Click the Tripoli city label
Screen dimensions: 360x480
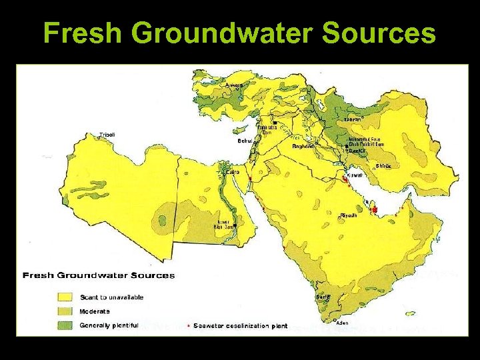(107, 135)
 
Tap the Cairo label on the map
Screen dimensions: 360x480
(233, 171)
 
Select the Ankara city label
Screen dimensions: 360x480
(234, 85)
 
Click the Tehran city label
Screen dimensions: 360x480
(353, 119)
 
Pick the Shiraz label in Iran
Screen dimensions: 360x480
(383, 166)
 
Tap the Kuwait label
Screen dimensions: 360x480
(354, 176)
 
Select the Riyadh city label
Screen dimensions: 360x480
(349, 215)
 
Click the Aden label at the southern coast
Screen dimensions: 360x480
(341, 323)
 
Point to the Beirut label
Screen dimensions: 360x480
(245, 141)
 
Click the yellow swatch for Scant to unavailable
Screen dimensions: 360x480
(65, 297)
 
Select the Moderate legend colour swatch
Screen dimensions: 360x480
(65, 311)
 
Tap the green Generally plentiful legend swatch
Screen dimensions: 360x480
(65, 325)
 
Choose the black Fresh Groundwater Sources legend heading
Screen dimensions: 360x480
(99, 275)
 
